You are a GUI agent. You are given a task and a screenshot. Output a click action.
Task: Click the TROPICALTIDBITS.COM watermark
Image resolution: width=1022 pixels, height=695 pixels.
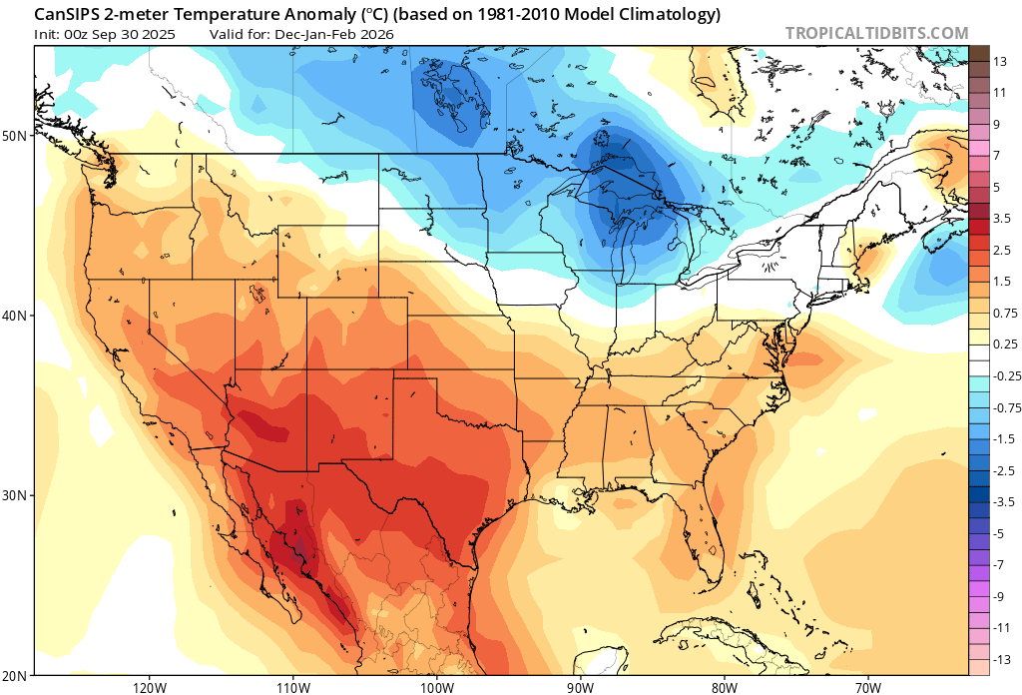(876, 33)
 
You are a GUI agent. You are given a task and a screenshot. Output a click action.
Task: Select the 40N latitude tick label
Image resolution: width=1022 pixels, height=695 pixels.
(18, 315)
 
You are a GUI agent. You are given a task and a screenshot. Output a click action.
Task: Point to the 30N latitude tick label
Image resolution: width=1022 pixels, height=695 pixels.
(18, 495)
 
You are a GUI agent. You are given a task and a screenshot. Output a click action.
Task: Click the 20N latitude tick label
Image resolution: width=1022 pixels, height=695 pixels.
(18, 675)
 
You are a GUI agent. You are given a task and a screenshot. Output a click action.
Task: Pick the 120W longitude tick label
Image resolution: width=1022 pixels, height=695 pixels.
(149, 687)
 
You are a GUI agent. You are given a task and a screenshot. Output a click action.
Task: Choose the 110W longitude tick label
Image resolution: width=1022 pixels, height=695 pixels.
(292, 687)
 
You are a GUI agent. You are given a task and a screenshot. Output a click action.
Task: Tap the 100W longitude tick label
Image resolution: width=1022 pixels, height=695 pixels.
(436, 687)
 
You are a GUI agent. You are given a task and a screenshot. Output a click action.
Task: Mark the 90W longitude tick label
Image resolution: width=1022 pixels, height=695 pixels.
(580, 687)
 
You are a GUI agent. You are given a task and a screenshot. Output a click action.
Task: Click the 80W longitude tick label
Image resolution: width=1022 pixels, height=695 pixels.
(725, 687)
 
